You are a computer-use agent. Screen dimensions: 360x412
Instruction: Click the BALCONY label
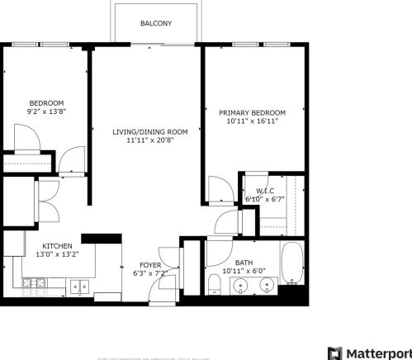tap(156, 24)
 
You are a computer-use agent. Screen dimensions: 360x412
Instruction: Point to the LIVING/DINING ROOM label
tap(150, 131)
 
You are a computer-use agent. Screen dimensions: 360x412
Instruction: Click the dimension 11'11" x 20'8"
tap(150, 140)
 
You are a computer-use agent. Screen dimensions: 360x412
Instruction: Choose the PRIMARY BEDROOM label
tap(252, 112)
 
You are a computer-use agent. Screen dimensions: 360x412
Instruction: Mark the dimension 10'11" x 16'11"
tap(252, 121)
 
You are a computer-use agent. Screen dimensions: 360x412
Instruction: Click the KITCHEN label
tap(57, 246)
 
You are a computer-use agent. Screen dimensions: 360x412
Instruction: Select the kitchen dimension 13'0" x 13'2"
tap(57, 255)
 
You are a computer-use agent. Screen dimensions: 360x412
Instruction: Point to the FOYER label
tap(149, 264)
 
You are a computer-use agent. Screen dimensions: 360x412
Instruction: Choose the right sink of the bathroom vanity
tap(267, 287)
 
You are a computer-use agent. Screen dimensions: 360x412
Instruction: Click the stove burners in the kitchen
tap(36, 285)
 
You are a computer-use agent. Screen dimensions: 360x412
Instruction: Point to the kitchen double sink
tap(79, 287)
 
